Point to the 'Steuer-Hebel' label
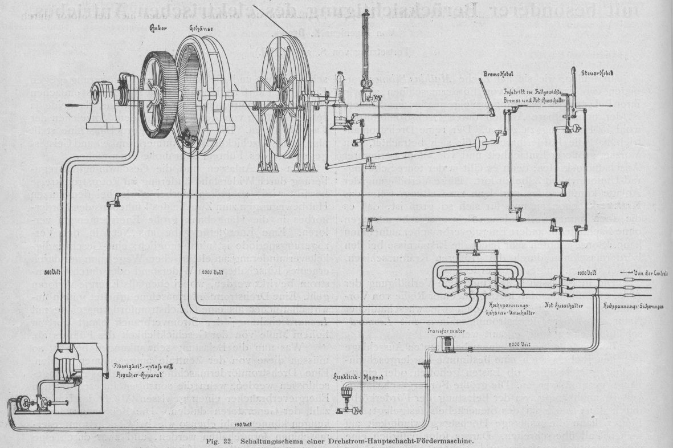pyautogui.click(x=580, y=74)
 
